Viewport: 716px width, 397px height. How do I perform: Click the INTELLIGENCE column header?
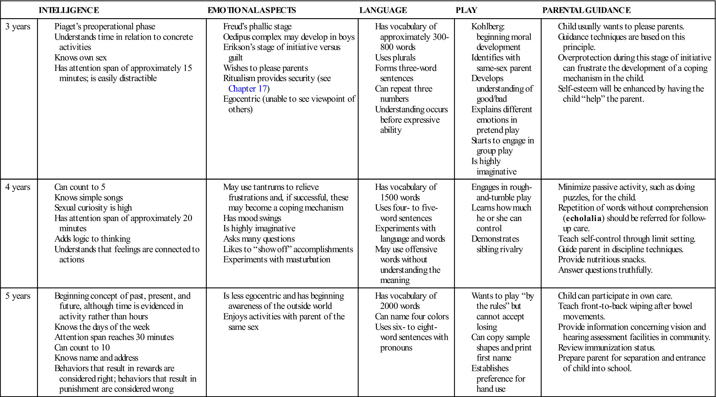point(69,10)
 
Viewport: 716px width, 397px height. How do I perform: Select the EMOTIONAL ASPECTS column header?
point(252,10)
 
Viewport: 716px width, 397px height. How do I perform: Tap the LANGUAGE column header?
point(383,10)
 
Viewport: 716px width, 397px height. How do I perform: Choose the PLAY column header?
point(466,10)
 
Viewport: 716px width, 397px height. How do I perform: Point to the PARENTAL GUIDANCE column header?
point(586,10)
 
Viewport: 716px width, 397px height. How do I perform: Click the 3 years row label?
point(18,27)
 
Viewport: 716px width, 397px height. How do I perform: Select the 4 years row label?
point(18,187)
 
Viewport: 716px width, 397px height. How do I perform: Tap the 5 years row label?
point(18,296)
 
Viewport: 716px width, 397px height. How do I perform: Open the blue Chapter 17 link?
point(248,89)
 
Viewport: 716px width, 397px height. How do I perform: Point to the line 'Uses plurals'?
point(395,58)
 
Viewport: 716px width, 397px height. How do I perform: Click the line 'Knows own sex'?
point(81,58)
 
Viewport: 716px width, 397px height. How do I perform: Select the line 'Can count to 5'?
point(80,187)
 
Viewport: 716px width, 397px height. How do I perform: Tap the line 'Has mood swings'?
point(252,218)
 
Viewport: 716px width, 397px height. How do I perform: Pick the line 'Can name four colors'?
point(412,317)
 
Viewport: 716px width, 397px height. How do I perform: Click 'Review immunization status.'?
point(606,348)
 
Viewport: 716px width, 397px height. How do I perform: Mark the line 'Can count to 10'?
point(82,348)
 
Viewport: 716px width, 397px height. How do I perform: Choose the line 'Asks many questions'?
point(259,239)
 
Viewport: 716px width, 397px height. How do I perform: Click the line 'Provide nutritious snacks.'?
point(602,260)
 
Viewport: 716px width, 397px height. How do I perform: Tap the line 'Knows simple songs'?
point(89,198)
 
